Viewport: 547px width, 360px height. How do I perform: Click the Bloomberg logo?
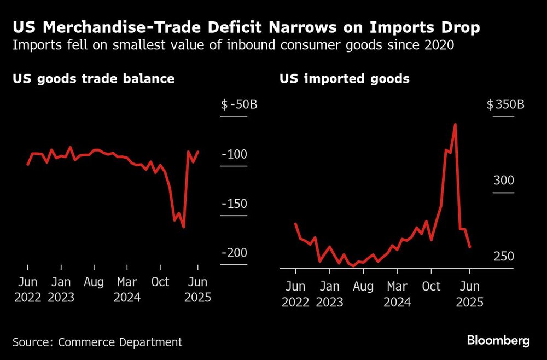[x=498, y=340]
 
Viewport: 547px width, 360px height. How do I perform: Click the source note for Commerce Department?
[x=97, y=342]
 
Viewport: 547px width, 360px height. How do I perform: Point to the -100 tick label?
[x=234, y=155]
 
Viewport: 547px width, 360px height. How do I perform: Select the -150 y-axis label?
[x=234, y=204]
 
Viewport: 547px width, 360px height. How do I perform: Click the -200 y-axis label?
[x=234, y=253]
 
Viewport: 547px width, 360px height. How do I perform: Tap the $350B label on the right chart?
[x=505, y=104]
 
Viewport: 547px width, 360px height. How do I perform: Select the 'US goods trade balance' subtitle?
[x=94, y=79]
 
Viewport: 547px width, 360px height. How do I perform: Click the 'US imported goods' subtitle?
[x=345, y=79]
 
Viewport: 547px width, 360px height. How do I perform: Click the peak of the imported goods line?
[x=455, y=125]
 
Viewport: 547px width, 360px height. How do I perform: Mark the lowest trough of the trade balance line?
[x=183, y=227]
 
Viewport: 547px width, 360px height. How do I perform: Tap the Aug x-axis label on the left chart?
[x=94, y=282]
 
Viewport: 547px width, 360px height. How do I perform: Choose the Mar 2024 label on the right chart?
[x=397, y=294]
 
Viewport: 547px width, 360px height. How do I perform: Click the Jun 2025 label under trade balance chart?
[x=197, y=290]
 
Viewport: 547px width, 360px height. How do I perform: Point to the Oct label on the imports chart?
[x=432, y=286]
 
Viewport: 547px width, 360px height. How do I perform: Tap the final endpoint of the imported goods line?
[x=470, y=247]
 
